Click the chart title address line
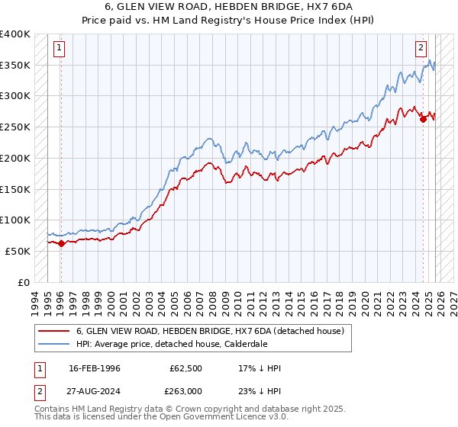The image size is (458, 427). (229, 6)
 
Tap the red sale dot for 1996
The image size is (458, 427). (61, 243)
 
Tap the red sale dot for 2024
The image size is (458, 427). (423, 118)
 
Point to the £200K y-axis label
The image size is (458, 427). (15, 158)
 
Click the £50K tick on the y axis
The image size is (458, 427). (18, 251)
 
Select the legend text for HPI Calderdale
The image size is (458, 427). (172, 344)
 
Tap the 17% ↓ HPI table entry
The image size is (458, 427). (260, 369)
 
